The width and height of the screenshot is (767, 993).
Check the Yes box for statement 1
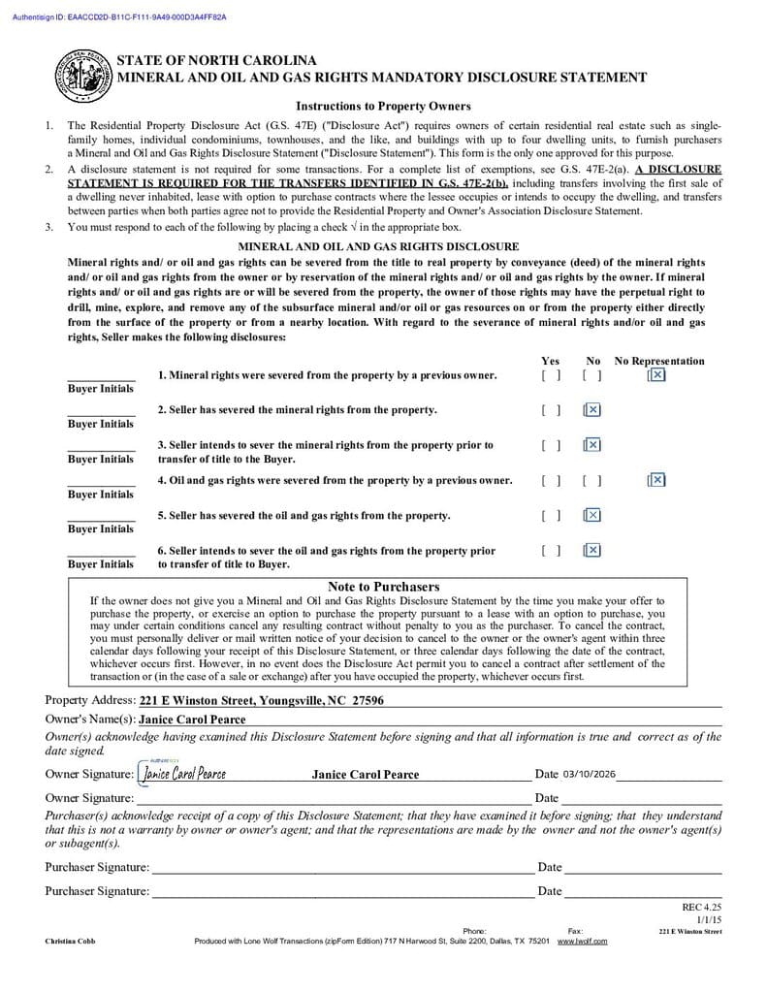551,375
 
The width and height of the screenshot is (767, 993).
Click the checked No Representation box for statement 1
656,375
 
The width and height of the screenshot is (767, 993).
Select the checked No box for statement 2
592,410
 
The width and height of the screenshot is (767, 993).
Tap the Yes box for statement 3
551,445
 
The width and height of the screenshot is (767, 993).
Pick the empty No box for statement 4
592,480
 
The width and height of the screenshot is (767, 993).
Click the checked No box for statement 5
592,515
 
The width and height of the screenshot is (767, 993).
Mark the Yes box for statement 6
551,550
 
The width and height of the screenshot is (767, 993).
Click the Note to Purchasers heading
383,587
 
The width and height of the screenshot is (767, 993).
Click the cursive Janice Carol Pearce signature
184,774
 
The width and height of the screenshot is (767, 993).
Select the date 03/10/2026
589,775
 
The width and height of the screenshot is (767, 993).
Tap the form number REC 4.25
702,907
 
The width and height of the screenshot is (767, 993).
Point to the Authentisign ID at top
119,17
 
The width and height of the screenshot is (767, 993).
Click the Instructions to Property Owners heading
383,106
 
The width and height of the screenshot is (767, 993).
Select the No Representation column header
659,361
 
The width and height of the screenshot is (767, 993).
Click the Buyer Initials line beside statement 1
101,376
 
